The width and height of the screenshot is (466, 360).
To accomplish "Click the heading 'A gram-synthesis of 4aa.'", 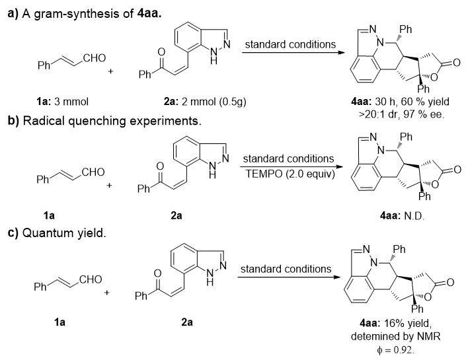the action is tap(92, 14).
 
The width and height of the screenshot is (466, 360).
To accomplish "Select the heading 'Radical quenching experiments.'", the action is tap(112, 121).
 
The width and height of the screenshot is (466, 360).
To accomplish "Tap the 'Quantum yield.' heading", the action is tap(64, 233).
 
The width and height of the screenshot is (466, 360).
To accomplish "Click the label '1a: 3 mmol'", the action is tap(62, 102).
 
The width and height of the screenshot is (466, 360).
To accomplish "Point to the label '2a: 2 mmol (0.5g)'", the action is tap(205, 102).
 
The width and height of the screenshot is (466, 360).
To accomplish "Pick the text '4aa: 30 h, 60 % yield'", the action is tap(400, 102).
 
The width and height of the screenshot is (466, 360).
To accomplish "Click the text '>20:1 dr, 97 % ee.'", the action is tap(401, 114).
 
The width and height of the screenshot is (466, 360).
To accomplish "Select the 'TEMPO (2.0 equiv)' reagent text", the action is tap(290, 174).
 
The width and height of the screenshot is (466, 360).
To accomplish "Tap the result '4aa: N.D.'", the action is tap(402, 216).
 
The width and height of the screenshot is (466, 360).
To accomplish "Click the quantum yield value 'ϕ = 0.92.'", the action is tap(395, 350).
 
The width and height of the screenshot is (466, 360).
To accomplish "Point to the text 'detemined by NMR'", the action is tap(395, 336).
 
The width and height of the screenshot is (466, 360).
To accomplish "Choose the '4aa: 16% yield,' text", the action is tap(395, 323).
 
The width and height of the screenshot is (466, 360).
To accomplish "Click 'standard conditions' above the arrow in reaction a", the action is tap(290, 44).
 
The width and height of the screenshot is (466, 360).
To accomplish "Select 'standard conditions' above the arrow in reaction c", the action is tap(286, 269).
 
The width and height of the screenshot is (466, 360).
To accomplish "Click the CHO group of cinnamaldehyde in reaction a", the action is tap(95, 58).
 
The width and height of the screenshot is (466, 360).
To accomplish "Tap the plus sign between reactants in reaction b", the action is tap(109, 186).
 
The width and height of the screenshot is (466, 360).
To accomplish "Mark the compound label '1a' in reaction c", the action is tap(59, 322).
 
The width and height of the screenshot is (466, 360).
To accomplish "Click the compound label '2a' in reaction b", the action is tap(176, 216).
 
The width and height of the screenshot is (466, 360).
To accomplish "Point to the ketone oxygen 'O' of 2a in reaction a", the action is tap(161, 52).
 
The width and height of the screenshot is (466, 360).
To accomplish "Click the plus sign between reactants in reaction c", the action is tap(107, 293).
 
